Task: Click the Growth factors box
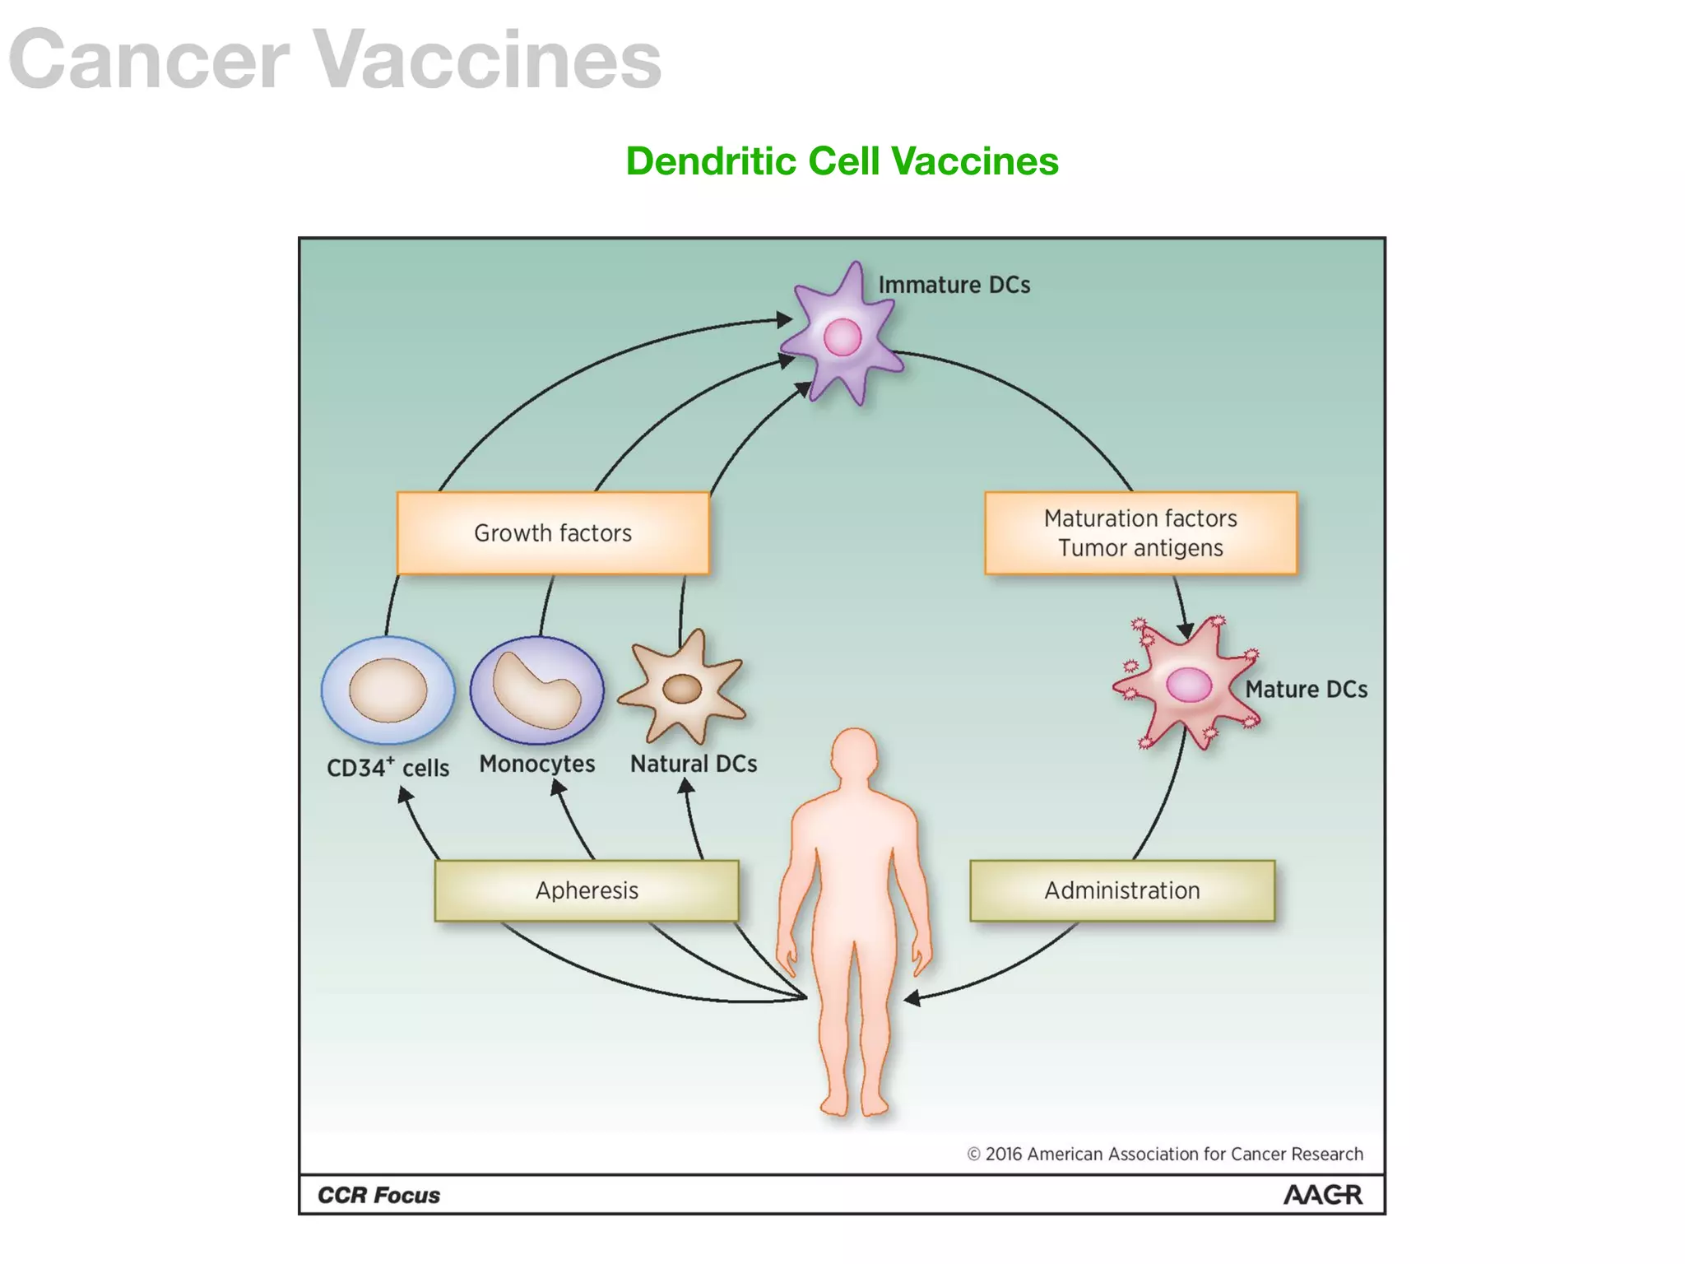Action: (553, 532)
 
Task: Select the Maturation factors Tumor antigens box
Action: (1140, 532)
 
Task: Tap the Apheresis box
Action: (587, 890)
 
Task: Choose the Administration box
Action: (1122, 890)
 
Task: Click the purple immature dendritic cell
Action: (842, 337)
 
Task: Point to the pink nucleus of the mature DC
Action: (1189, 685)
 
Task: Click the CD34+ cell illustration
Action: (388, 690)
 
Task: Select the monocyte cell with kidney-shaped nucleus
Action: (536, 690)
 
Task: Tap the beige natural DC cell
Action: (682, 688)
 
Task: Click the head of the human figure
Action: (855, 753)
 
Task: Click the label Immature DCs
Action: (954, 285)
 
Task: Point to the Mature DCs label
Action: (1306, 690)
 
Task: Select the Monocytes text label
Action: (536, 764)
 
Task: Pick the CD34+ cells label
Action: (388, 768)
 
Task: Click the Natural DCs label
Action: (694, 764)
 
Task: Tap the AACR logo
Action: (1322, 1195)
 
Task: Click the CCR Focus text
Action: (378, 1195)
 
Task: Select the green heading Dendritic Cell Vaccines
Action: (842, 160)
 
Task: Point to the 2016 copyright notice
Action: (1164, 1154)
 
